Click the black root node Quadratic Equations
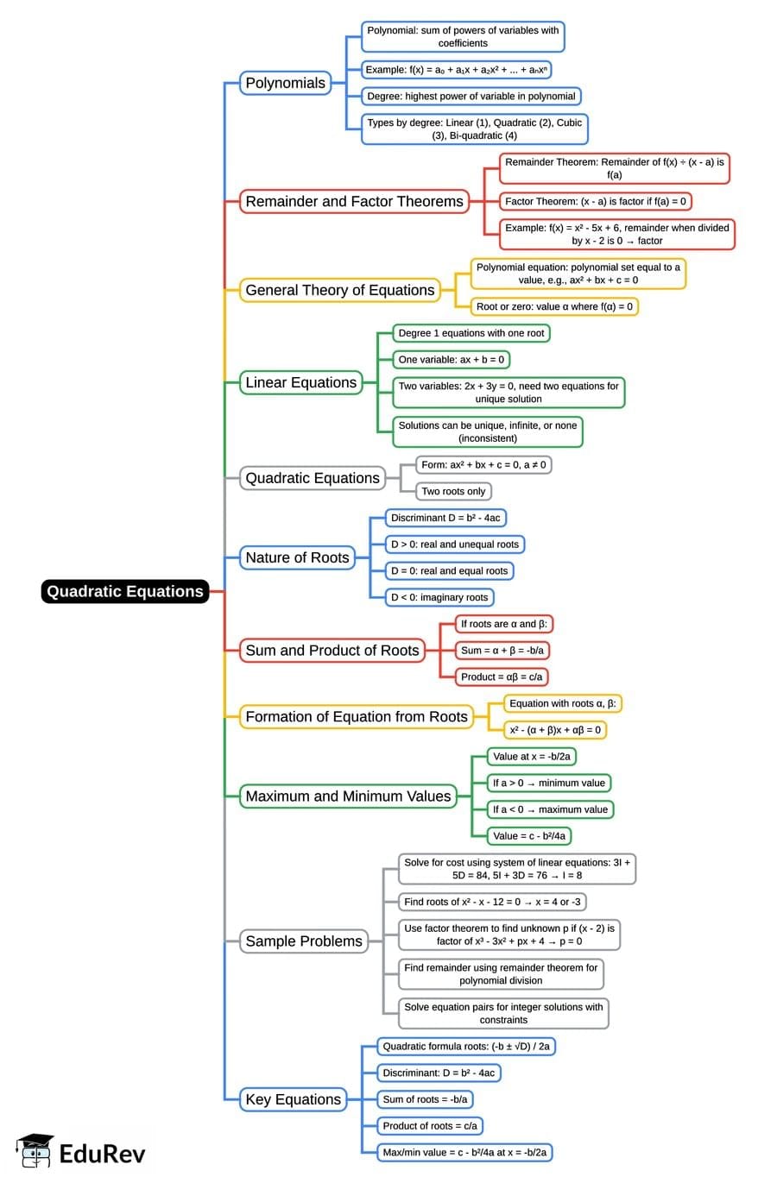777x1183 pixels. coord(125,591)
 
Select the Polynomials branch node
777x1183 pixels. coord(285,83)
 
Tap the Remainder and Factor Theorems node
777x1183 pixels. coord(354,201)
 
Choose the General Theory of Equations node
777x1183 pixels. coord(339,290)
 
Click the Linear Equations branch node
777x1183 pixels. coord(300,382)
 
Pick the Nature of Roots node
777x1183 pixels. coord(297,557)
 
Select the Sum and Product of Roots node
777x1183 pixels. coord(332,651)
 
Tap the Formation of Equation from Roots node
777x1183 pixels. coord(356,716)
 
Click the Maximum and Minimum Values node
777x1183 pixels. coord(348,796)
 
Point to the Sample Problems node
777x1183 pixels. coord(304,941)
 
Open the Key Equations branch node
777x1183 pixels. coord(293,1099)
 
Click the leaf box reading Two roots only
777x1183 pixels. coord(453,491)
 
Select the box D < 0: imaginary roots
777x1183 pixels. coord(439,597)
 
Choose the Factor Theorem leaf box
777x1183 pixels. coord(595,201)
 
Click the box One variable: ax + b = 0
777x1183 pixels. coord(451,359)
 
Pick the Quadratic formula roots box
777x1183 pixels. coord(465,1046)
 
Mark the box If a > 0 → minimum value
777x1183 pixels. coord(548,783)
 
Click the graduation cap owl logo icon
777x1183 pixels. coord(35,1151)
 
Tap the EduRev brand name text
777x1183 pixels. coord(102,1154)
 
